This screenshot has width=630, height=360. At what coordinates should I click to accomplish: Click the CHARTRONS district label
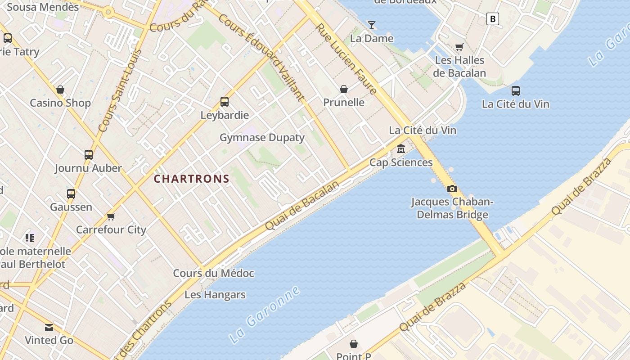[192, 179]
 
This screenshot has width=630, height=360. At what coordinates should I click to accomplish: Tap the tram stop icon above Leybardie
[225, 102]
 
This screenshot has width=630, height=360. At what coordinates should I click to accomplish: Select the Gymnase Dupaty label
[262, 138]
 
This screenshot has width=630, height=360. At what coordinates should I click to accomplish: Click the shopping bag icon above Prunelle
[344, 89]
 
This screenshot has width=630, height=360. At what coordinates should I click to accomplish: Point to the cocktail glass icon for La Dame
[372, 25]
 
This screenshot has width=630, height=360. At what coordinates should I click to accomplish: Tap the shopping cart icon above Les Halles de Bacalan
[459, 47]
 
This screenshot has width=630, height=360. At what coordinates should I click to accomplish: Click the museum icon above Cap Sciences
[400, 149]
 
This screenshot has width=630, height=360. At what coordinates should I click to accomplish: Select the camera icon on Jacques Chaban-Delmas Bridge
[452, 189]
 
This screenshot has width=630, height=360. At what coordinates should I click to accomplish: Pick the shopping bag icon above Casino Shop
[60, 90]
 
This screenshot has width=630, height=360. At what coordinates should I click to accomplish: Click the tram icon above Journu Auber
[89, 155]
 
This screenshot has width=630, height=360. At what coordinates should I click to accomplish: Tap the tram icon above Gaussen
[71, 194]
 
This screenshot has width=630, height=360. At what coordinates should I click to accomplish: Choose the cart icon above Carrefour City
[111, 216]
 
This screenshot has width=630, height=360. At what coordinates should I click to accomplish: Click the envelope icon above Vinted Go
[49, 327]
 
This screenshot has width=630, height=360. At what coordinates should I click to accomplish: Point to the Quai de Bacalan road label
[302, 206]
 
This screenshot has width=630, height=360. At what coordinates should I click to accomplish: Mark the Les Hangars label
[215, 295]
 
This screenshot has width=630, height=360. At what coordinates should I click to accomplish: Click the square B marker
[493, 19]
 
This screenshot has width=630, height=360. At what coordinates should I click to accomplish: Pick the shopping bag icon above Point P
[354, 344]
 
